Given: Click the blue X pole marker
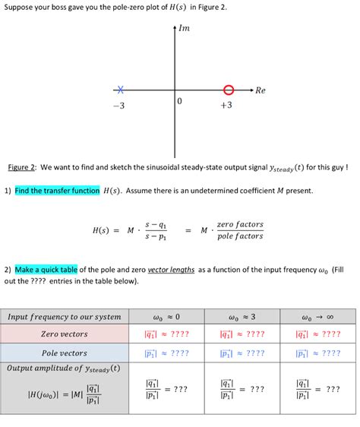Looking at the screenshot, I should (118, 89).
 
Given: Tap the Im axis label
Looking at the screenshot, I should (184, 29).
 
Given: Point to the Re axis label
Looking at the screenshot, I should (261, 90).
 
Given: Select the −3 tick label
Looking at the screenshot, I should (118, 106).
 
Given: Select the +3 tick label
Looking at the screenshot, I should (226, 106).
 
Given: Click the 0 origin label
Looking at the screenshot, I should (179, 101).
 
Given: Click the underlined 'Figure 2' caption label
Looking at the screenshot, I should (22, 167).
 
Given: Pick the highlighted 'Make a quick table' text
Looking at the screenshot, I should (46, 269).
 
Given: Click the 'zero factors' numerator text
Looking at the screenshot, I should (239, 224).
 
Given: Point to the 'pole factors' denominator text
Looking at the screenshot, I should (239, 236).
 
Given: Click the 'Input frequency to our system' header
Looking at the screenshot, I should (65, 317).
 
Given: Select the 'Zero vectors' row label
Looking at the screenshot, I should (65, 334).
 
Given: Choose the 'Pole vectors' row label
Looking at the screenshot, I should (65, 353).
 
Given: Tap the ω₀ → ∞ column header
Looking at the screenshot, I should (317, 317).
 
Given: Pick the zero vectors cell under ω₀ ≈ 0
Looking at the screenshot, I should (166, 334).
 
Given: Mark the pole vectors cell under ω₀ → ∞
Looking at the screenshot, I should (317, 353).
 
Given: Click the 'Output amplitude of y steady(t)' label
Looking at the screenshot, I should (63, 368).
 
